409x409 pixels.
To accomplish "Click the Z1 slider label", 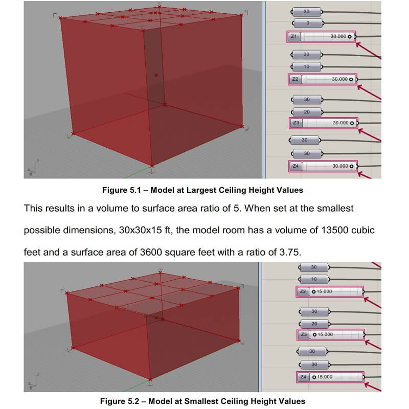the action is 294,36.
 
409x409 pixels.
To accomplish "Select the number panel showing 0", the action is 308,23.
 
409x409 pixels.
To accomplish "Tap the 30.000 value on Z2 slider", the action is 339,79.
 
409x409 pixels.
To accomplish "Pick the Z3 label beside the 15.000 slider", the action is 304,334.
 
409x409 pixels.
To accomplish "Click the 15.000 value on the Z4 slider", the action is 325,377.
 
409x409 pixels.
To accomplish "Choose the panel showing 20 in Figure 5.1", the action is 307,112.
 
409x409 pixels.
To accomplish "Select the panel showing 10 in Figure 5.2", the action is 314,279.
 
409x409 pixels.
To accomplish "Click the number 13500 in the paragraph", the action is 335,230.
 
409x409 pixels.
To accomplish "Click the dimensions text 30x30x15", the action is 141,230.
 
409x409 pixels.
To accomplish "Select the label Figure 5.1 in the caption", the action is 121,190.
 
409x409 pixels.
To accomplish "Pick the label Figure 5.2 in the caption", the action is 119,401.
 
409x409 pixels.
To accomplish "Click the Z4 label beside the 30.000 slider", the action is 296,166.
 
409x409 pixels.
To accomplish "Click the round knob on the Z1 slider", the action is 350,37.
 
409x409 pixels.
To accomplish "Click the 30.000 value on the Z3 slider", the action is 340,123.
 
